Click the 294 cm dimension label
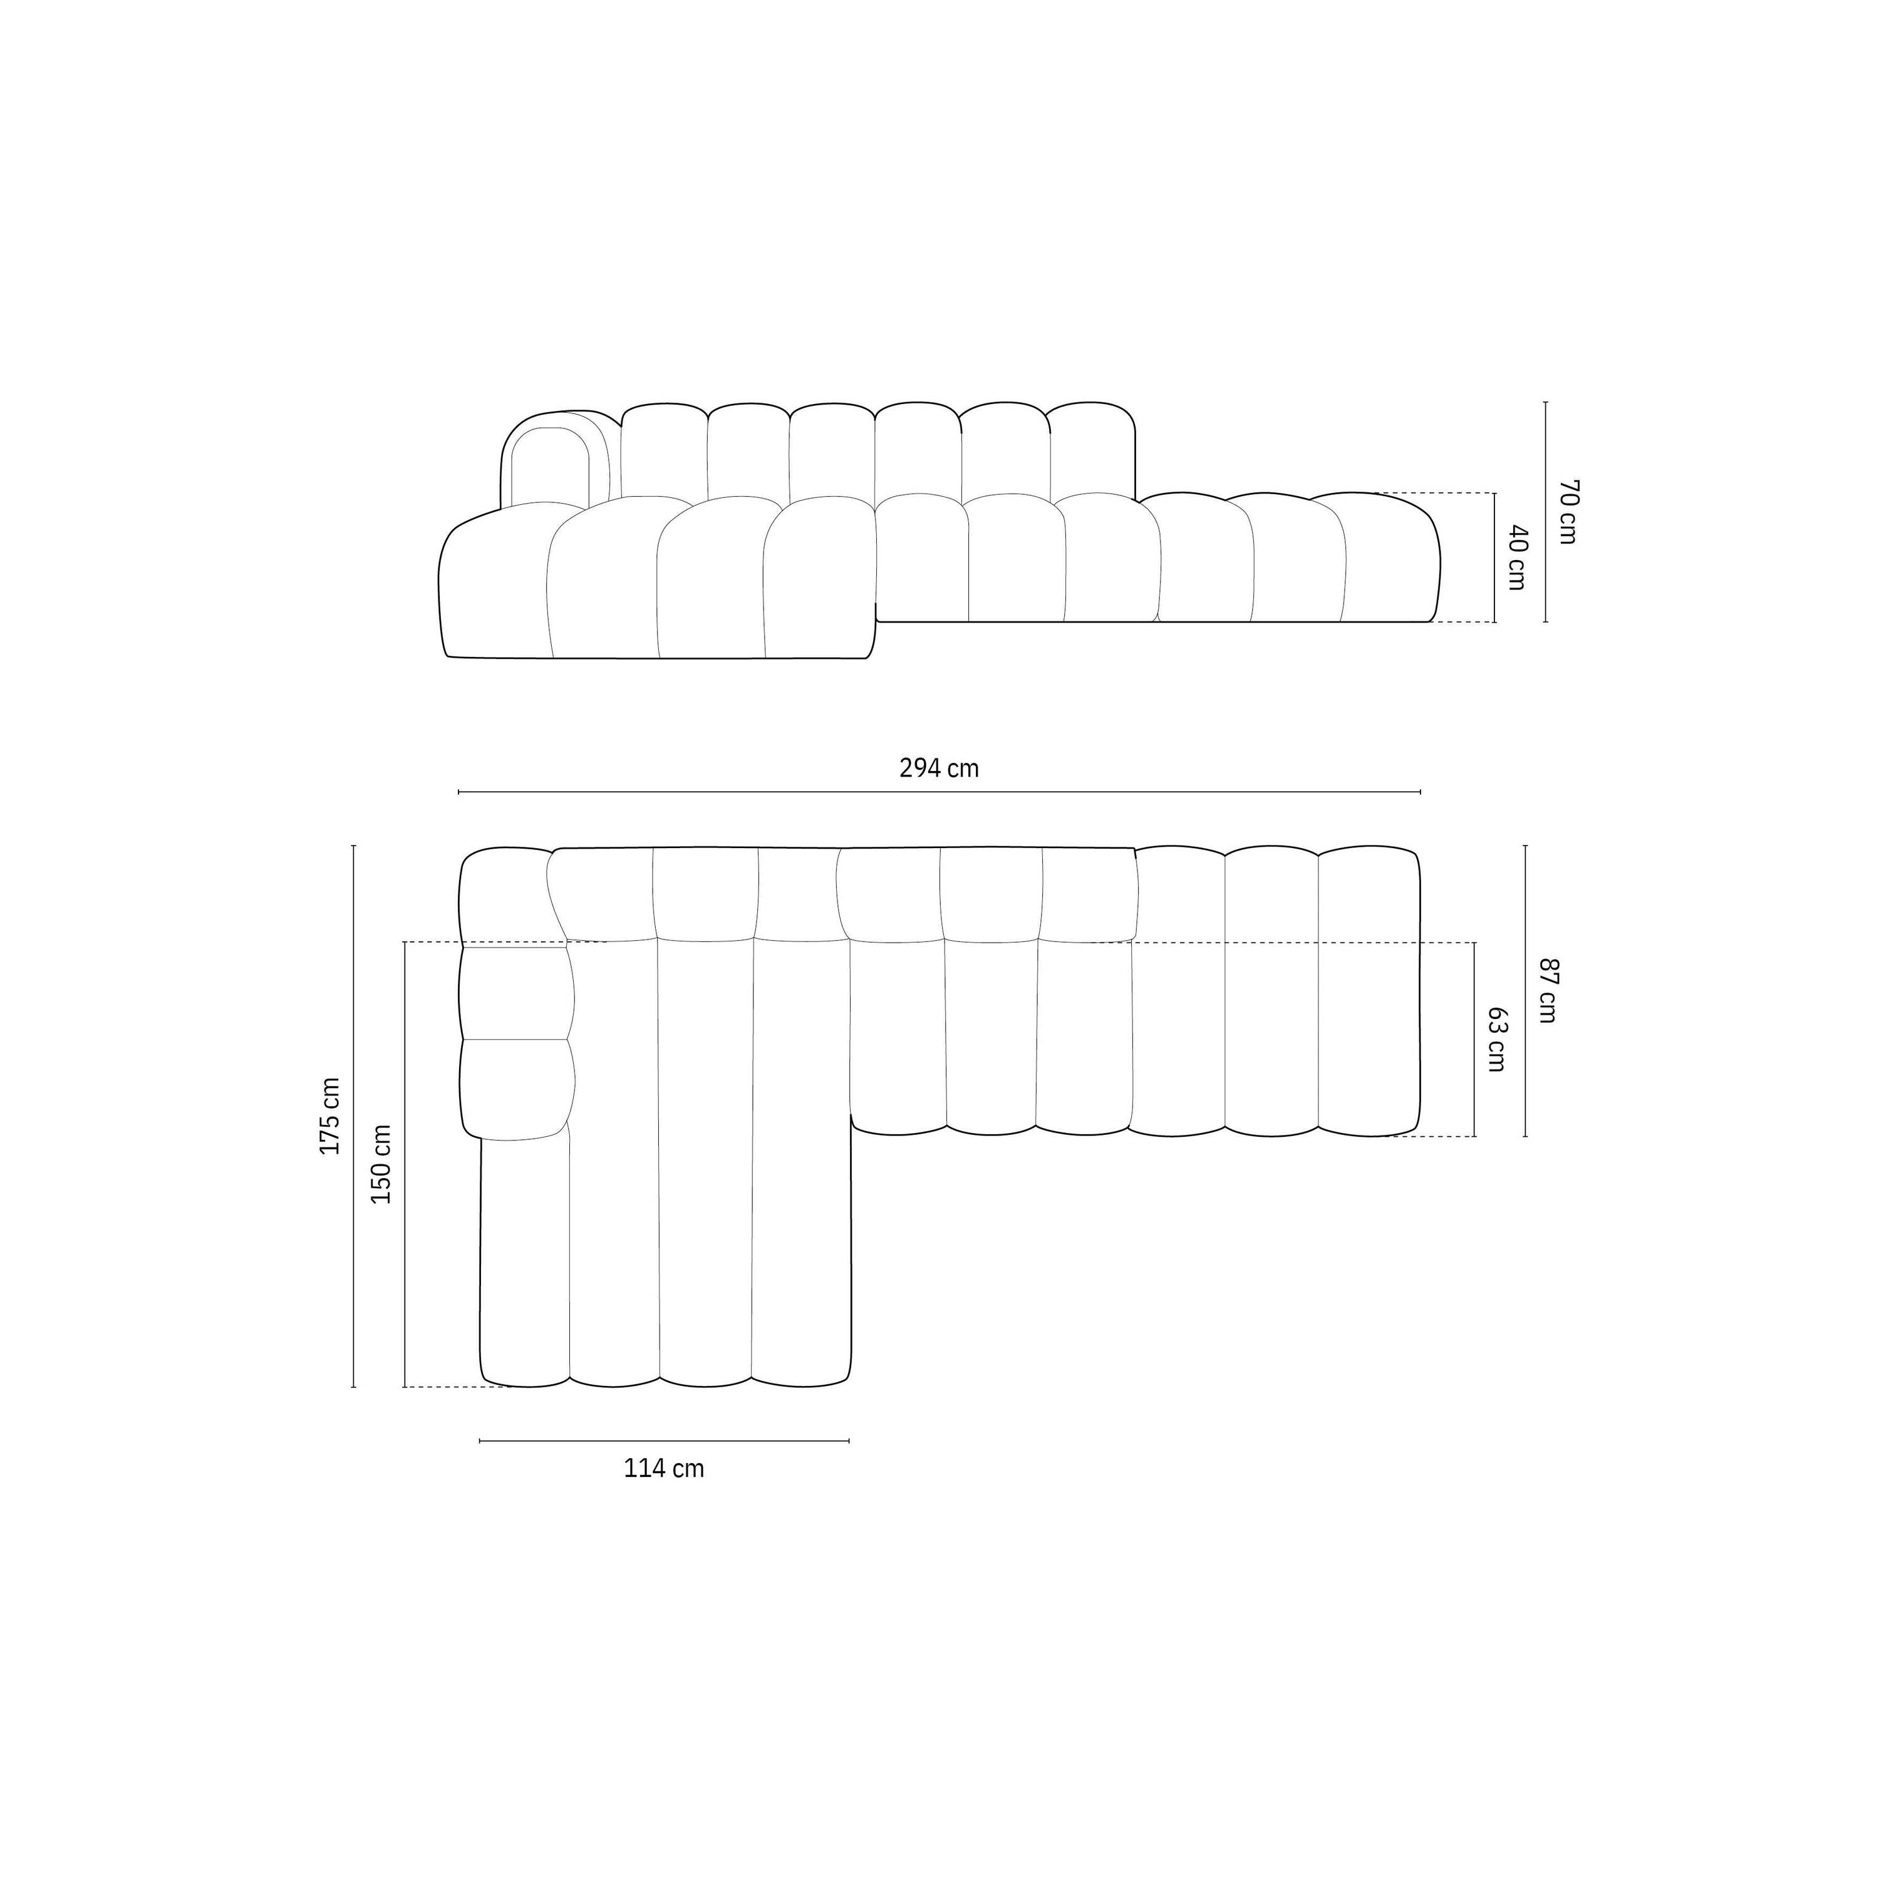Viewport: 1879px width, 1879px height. click(938, 769)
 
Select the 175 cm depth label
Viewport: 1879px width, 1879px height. click(331, 1115)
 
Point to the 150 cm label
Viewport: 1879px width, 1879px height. click(381, 1164)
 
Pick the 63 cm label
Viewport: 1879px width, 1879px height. click(1497, 1038)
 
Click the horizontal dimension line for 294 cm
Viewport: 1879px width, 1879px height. click(938, 792)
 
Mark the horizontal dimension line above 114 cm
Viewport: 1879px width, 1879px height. click(665, 1441)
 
